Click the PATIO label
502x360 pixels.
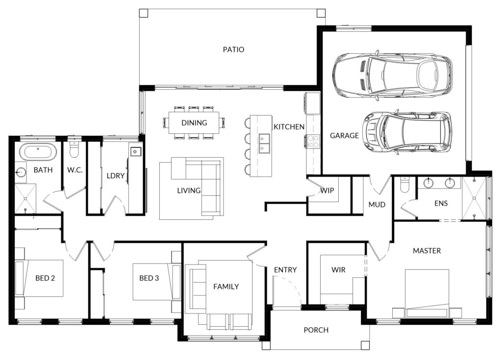click(233, 49)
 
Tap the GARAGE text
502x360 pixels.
click(344, 136)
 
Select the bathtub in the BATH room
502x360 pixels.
click(38, 152)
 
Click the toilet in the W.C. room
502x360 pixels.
click(74, 148)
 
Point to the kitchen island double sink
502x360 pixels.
click(264, 144)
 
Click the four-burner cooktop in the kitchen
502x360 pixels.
click(313, 142)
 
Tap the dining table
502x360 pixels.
click(194, 122)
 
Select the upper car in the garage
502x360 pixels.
click(392, 75)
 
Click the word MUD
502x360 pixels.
click(377, 204)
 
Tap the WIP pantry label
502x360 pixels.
click(327, 191)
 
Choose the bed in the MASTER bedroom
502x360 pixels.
click(427, 294)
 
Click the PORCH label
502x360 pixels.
click(316, 330)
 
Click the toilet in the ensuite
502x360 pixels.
click(405, 185)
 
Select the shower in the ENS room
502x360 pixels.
click(474, 198)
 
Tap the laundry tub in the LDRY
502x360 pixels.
click(135, 151)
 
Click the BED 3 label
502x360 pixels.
click(149, 278)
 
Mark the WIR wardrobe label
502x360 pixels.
click(338, 270)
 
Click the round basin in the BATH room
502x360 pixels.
click(21, 171)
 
